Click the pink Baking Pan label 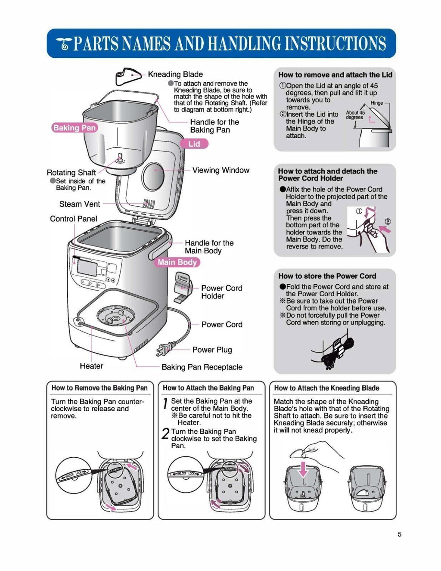pyautogui.click(x=75, y=128)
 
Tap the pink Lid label pyautogui.click(x=194, y=144)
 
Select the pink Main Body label pyautogui.click(x=177, y=262)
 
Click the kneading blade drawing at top pyautogui.click(x=128, y=77)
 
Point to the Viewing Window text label pyautogui.click(x=220, y=170)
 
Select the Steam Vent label pyautogui.click(x=80, y=204)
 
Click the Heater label pyautogui.click(x=91, y=366)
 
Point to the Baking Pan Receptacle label pyautogui.click(x=202, y=367)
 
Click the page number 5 pyautogui.click(x=399, y=534)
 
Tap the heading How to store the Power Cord pyautogui.click(x=327, y=276)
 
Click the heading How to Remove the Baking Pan pyautogui.click(x=99, y=388)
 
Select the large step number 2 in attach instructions pyautogui.click(x=165, y=433)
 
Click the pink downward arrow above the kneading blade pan pyautogui.click(x=304, y=469)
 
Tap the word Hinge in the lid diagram pyautogui.click(x=376, y=103)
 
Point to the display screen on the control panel pyautogui.click(x=87, y=268)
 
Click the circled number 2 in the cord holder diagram pyautogui.click(x=387, y=222)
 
